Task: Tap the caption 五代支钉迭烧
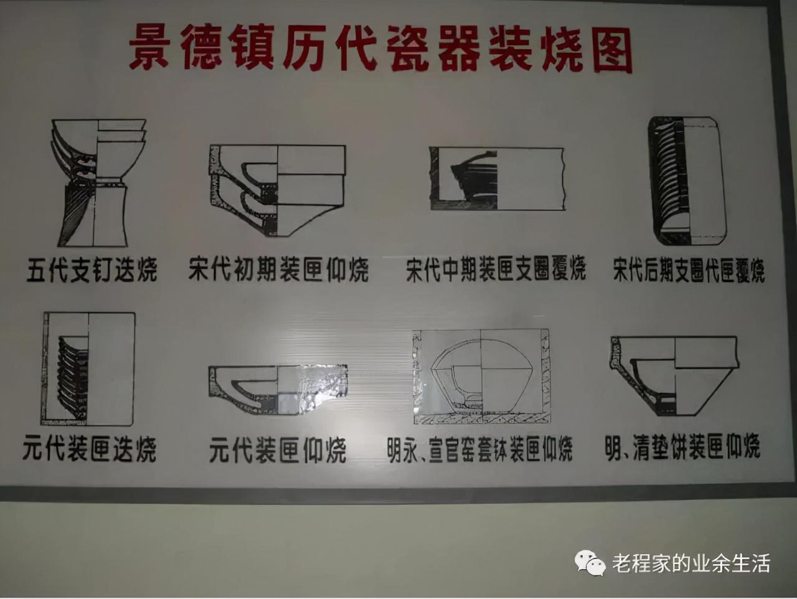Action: pos(92,270)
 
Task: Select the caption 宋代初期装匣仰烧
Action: pos(278,270)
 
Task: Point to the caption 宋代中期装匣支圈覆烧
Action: pos(496,269)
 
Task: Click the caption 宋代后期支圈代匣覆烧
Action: pos(689,270)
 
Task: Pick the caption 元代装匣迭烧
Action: pos(90,449)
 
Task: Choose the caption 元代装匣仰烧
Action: pos(278,450)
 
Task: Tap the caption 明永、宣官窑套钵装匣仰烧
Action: pos(479,450)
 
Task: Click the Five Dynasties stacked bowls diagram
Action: pos(98,183)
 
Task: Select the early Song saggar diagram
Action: pos(277,191)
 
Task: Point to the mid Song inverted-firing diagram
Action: pos(497,179)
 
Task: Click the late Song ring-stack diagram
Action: pos(687,181)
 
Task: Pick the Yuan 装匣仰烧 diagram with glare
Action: pos(278,390)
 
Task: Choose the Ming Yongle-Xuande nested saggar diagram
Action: pos(481,377)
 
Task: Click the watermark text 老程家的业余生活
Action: pos(691,563)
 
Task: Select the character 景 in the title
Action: pos(149,47)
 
